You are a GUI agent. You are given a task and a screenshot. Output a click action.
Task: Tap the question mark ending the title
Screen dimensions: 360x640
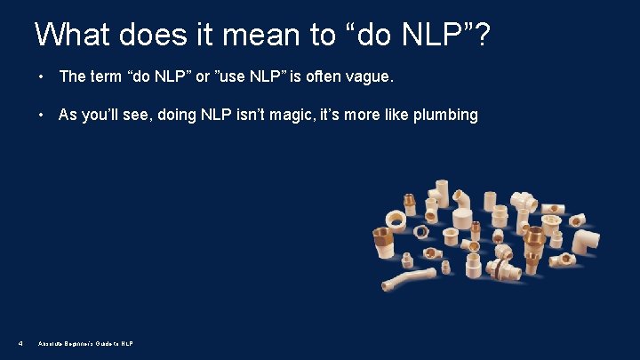pos(483,36)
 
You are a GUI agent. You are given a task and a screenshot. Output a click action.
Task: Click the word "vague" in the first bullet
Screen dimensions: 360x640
pos(364,77)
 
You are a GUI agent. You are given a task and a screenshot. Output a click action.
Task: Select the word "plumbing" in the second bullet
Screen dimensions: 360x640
pos(444,115)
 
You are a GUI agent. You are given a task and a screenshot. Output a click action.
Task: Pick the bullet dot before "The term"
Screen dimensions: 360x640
pos(42,77)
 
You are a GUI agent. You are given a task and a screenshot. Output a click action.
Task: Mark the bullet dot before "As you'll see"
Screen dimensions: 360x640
pos(42,115)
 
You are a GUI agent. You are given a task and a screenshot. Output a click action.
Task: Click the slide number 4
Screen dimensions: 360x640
pos(20,343)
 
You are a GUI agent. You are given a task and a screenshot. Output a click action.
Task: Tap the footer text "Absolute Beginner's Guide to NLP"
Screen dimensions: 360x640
pos(86,343)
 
